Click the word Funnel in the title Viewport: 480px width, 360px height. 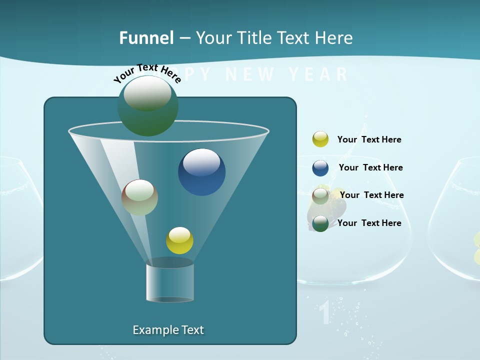pyautogui.click(x=146, y=38)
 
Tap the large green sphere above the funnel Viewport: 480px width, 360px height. pyautogui.click(x=148, y=105)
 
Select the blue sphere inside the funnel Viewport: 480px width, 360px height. pyautogui.click(x=201, y=172)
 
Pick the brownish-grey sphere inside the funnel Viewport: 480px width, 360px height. pyautogui.click(x=139, y=197)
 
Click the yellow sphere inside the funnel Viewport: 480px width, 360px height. pyautogui.click(x=179, y=240)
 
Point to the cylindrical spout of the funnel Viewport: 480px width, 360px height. pyautogui.click(x=170, y=282)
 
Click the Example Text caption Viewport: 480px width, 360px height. pyautogui.click(x=168, y=330)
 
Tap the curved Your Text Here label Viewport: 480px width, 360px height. pyautogui.click(x=147, y=73)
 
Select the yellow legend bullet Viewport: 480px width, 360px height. pyautogui.click(x=320, y=139)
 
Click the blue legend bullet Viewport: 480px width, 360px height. pyautogui.click(x=320, y=168)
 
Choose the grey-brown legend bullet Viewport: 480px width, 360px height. pyautogui.click(x=320, y=195)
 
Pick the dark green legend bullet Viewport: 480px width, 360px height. pyautogui.click(x=320, y=223)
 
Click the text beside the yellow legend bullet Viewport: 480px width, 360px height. pyautogui.click(x=369, y=139)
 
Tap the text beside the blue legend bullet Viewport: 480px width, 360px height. pyautogui.click(x=370, y=167)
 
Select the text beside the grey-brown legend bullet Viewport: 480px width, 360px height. pyautogui.click(x=371, y=195)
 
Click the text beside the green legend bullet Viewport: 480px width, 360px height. pyautogui.click(x=369, y=223)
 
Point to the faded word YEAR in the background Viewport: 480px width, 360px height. pyautogui.click(x=318, y=74)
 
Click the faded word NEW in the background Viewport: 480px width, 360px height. pyautogui.click(x=250, y=74)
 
